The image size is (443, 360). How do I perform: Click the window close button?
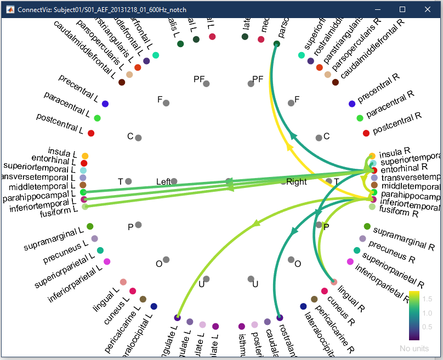(x=428, y=9)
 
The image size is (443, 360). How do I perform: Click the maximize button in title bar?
(x=402, y=9)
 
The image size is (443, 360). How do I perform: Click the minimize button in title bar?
(x=377, y=9)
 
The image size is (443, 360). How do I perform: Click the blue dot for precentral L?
(x=105, y=104)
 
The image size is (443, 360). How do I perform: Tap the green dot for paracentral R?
(x=360, y=118)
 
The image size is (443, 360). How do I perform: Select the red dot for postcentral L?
(x=91, y=133)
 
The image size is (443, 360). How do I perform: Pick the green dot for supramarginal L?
(x=90, y=226)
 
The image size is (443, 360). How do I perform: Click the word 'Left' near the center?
(x=163, y=181)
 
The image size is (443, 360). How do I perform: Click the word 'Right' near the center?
(x=297, y=181)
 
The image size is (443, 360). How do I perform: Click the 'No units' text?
(x=414, y=348)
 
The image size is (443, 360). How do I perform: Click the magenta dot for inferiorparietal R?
(x=350, y=261)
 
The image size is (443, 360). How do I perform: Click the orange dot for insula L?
(x=85, y=156)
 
